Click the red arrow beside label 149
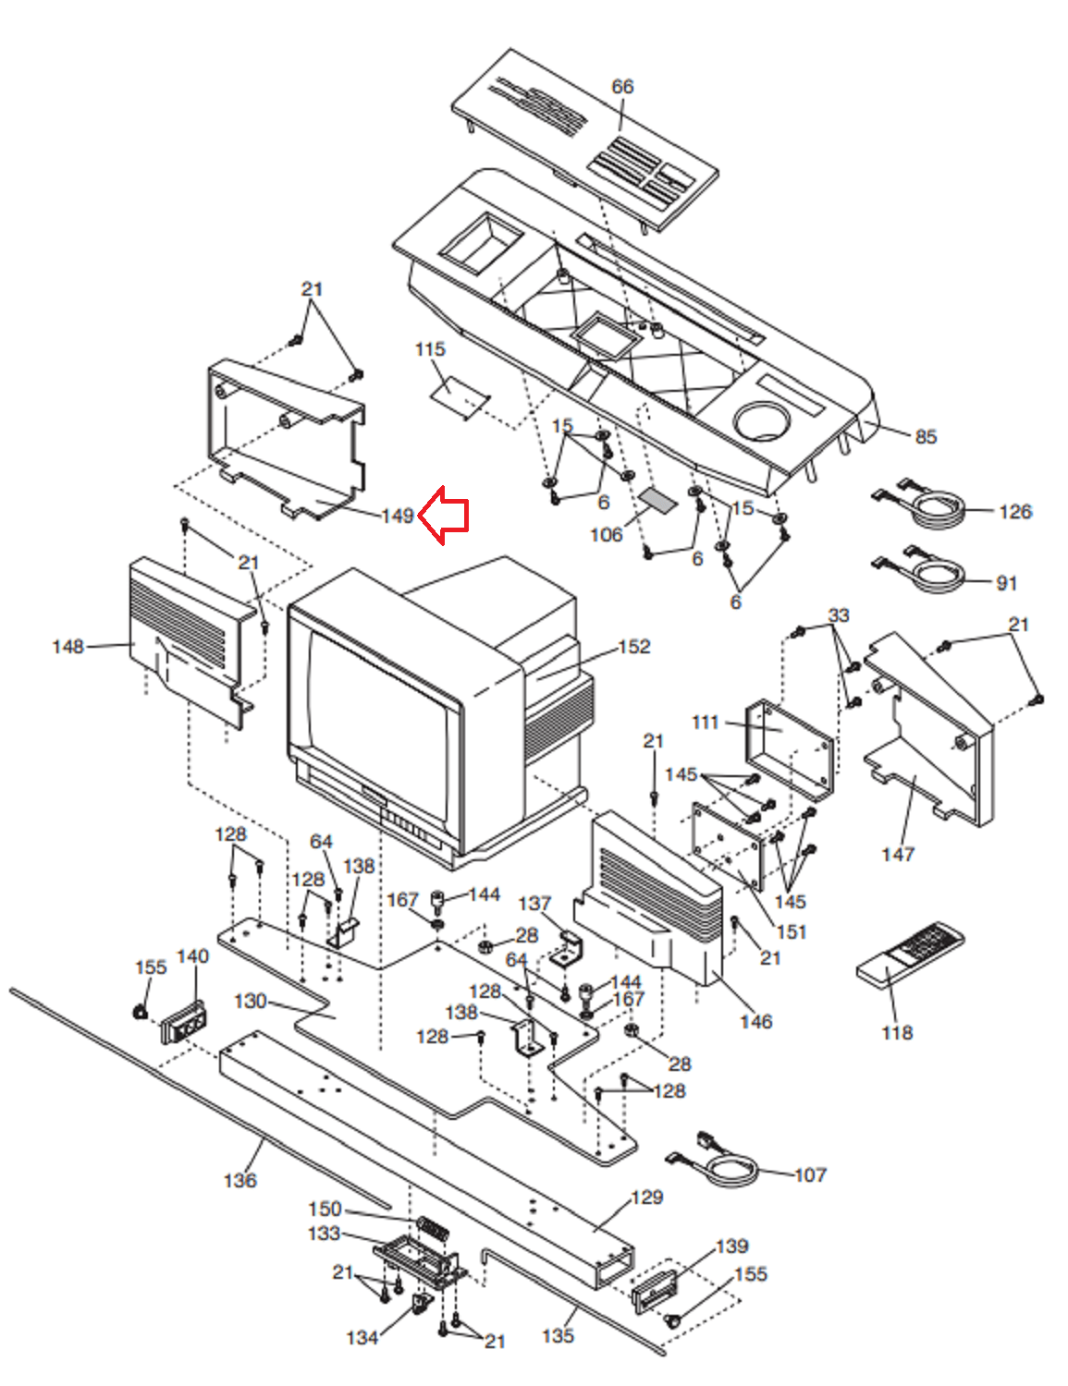[444, 516]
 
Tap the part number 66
[622, 87]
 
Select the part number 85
[925, 437]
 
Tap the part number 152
[633, 647]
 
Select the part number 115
[430, 349]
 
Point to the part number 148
[68, 647]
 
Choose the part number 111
[705, 723]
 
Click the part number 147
[898, 854]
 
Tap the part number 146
[756, 1022]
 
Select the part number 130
[250, 1002]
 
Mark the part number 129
[647, 1198]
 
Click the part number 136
[239, 1180]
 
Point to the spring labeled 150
[433, 1228]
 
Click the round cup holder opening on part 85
[763, 420]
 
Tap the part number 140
[192, 956]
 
